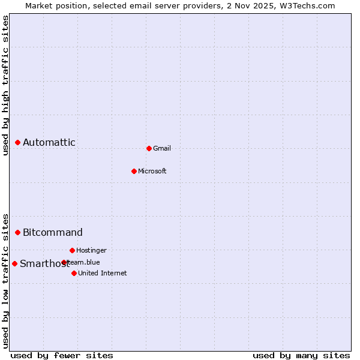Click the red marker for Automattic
(x=18, y=143)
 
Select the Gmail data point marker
(x=149, y=148)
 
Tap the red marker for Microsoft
(x=134, y=171)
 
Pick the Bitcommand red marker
(x=18, y=233)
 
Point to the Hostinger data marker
(x=72, y=250)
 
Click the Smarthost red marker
(x=15, y=263)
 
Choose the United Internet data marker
(x=74, y=273)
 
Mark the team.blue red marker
(x=64, y=262)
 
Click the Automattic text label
(x=49, y=143)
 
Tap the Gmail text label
(x=162, y=149)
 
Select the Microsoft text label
(x=152, y=172)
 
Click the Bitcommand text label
(x=53, y=233)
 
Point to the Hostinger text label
(x=91, y=250)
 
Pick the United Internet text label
(x=103, y=274)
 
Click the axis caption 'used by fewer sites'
(x=62, y=355)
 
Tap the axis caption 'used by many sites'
(x=301, y=355)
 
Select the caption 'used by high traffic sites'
(x=6, y=85)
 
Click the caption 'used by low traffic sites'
(x=6, y=281)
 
